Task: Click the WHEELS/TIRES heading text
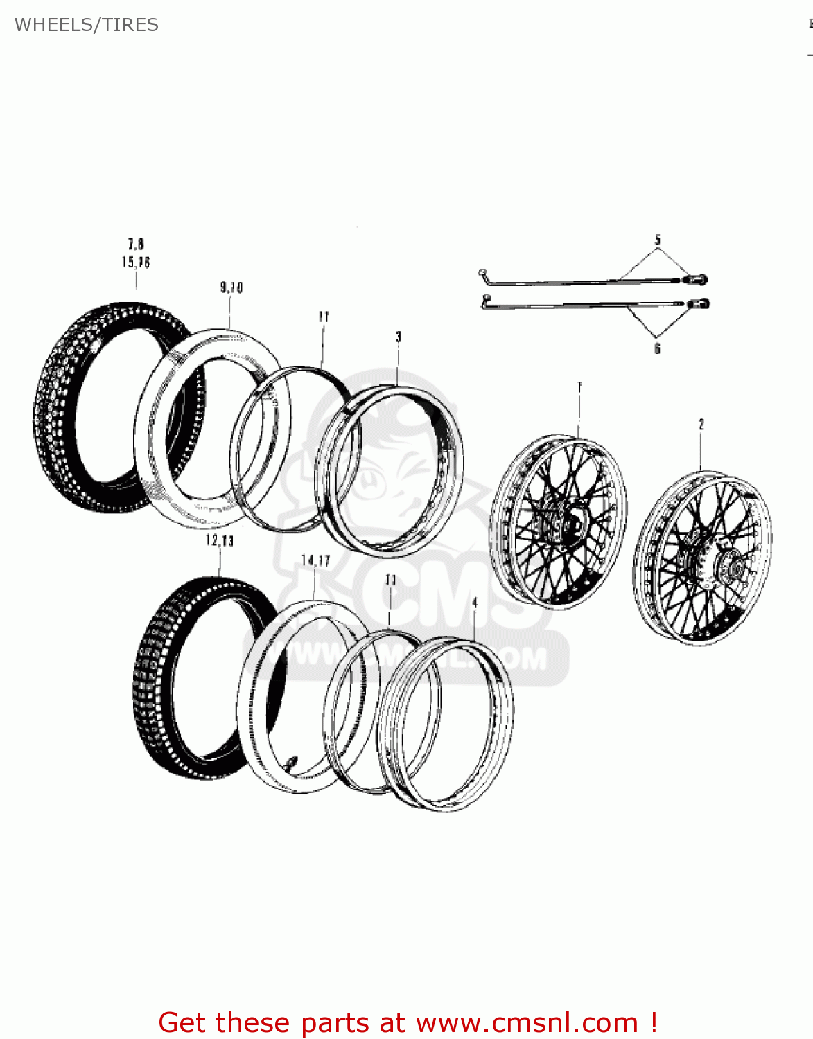coord(87,25)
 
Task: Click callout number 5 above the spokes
coord(658,240)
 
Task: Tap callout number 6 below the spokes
coord(657,348)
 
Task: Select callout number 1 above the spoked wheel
coord(579,387)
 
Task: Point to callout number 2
coord(701,424)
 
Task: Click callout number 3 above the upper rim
coord(399,337)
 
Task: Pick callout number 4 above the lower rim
coord(475,603)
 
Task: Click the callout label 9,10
coord(231,287)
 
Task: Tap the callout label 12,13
coord(220,540)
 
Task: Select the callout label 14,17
coord(315,560)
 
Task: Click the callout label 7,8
coord(136,244)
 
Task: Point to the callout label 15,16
coord(136,262)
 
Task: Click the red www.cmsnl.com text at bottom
coord(527,1022)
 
